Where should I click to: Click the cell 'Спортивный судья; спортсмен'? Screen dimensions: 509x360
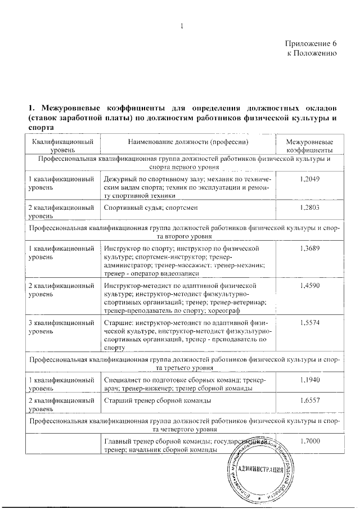[152, 208]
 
